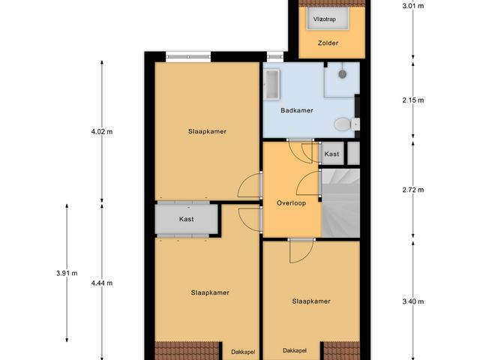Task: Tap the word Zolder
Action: pos(328,43)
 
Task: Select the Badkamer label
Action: pos(296,110)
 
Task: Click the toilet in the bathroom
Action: pos(343,124)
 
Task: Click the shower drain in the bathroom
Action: pos(342,74)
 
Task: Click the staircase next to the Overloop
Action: pos(340,202)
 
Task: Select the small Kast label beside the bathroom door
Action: pos(331,154)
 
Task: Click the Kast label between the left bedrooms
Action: pos(187,219)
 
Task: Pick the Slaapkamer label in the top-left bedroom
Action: pos(207,131)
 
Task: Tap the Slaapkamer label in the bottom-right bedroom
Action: pos(311,301)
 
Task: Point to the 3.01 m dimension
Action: pos(412,6)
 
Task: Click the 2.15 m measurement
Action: pos(412,100)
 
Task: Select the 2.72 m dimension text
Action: pos(412,189)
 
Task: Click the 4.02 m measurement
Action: pos(101,131)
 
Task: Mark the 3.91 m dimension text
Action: pos(67,273)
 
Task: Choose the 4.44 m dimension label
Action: pos(101,283)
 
